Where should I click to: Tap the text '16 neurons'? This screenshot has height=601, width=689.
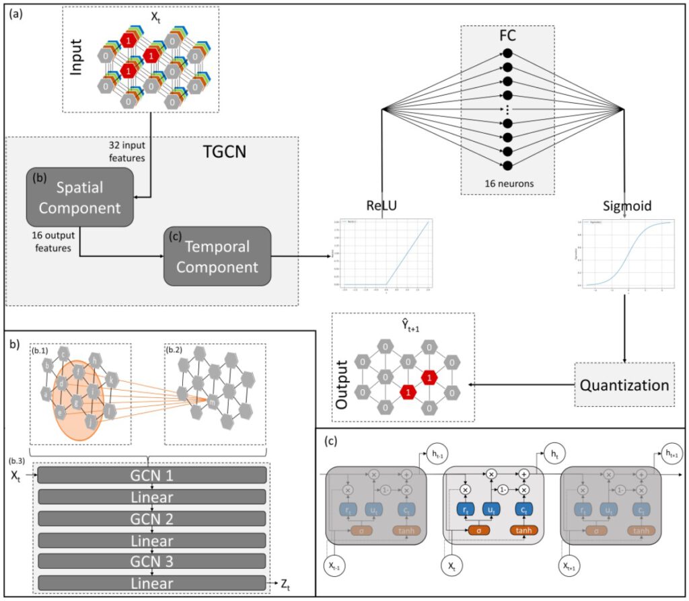(507, 182)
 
